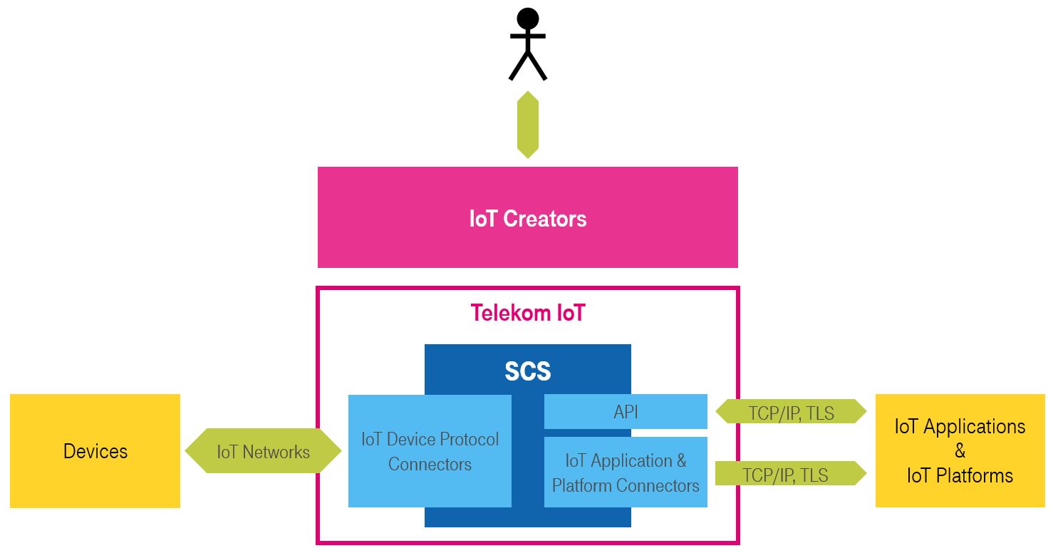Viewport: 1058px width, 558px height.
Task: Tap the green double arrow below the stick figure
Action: click(528, 125)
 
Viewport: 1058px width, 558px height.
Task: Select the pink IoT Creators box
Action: click(528, 217)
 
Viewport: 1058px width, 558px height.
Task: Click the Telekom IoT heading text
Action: click(528, 313)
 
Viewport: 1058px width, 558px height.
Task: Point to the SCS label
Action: click(528, 371)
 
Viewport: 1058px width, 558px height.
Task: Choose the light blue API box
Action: click(626, 412)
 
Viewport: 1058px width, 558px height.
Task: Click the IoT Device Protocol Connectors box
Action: click(430, 451)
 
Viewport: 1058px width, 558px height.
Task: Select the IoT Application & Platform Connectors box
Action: click(626, 472)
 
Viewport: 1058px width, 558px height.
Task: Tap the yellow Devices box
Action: click(95, 451)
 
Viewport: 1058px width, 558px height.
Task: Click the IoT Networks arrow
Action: click(263, 451)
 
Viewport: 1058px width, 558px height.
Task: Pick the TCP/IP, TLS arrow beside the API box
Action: click(791, 412)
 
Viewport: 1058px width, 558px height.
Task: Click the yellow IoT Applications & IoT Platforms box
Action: click(960, 451)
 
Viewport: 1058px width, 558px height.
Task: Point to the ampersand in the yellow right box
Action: click(960, 451)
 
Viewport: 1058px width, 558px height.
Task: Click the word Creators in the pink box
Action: click(545, 218)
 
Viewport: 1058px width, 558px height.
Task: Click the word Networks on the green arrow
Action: click(276, 452)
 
